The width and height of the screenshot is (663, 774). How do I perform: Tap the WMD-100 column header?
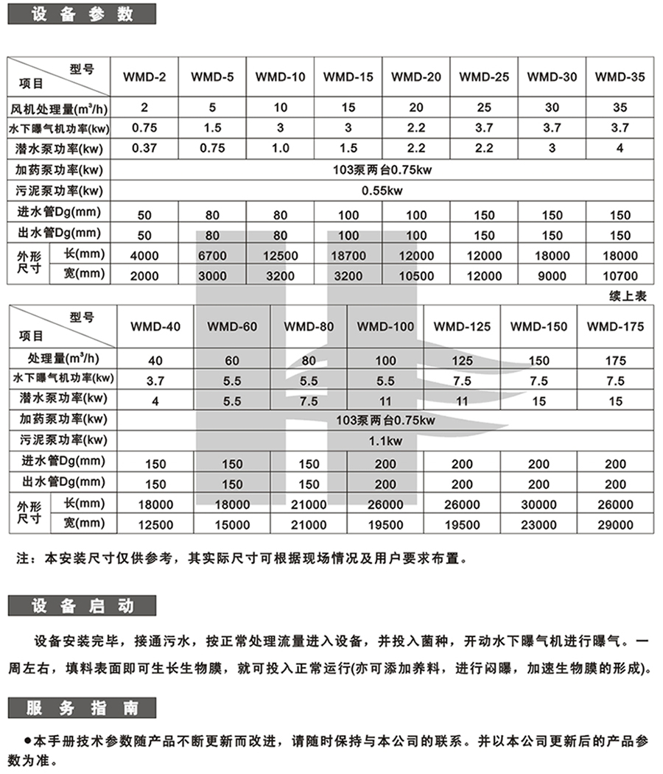click(x=385, y=326)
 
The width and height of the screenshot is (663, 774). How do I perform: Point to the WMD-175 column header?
click(x=616, y=326)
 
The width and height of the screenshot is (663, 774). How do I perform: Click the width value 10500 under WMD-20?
click(x=416, y=276)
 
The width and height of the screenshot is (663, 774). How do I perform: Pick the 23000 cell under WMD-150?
click(x=539, y=524)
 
